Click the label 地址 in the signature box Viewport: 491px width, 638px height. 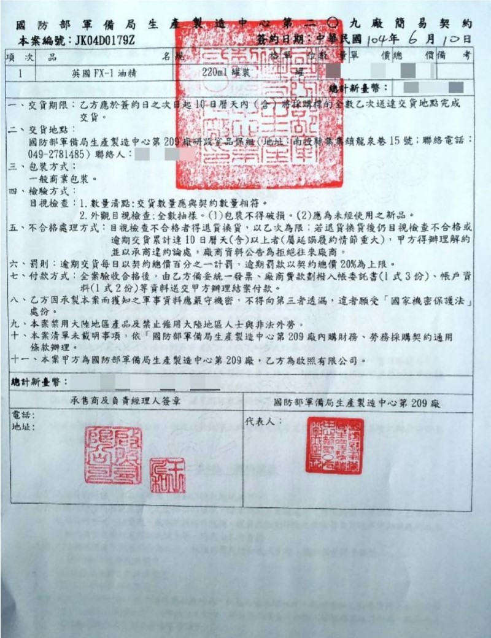coord(21,426)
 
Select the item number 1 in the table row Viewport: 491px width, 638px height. coord(21,72)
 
